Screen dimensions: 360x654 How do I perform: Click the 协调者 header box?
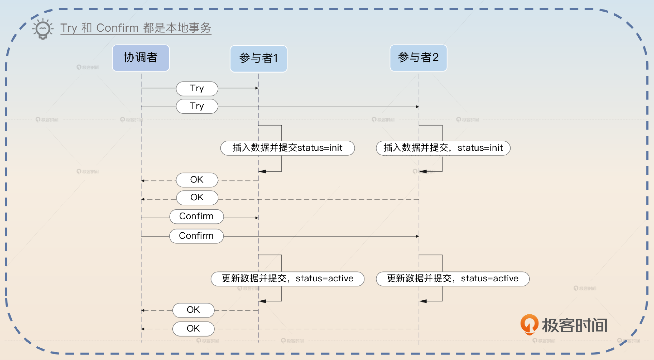pos(141,58)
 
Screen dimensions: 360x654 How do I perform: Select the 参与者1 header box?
pos(259,59)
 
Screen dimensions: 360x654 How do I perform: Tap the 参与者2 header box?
pos(418,58)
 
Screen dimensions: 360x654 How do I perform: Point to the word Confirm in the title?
pos(117,28)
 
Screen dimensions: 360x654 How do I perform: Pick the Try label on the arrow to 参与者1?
pos(197,89)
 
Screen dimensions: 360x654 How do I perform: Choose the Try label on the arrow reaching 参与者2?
pos(197,106)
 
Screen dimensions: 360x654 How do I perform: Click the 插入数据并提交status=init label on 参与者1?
pos(287,148)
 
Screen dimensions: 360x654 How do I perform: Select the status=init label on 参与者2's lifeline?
pos(443,148)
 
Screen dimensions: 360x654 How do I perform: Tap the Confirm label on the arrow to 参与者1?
pos(197,217)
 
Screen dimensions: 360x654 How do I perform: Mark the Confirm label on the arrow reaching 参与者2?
pos(197,236)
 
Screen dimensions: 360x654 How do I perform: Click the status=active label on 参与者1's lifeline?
pos(287,279)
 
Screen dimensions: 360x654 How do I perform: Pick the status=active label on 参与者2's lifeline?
pos(452,279)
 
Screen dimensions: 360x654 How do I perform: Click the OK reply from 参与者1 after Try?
pos(197,180)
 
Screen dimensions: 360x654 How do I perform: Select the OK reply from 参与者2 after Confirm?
pos(193,329)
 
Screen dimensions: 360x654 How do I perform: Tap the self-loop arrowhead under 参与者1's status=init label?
pos(262,171)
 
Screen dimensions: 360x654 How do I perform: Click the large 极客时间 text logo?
pos(575,325)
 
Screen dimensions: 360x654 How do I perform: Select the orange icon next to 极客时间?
pos(529,324)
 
